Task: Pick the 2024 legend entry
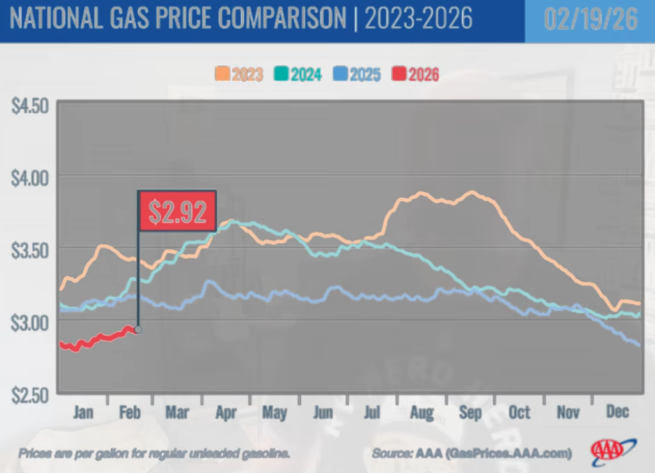tap(298, 74)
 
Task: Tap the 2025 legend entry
tap(356, 74)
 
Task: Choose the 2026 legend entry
tap(415, 74)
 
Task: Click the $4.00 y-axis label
tap(30, 176)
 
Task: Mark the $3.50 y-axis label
tap(30, 249)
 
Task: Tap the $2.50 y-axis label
tap(30, 394)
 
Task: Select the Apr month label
tap(227, 412)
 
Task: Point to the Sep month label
tap(470, 412)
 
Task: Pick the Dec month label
tap(617, 412)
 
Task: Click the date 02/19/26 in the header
tap(590, 20)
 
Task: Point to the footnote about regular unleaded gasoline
tap(154, 453)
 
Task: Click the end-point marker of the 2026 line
tap(138, 330)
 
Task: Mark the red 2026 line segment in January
tap(83, 343)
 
